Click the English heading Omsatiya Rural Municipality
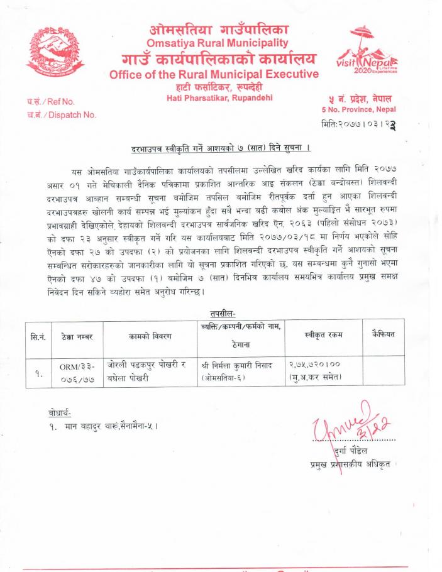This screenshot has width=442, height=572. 218,43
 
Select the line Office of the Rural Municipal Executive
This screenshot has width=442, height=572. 214,75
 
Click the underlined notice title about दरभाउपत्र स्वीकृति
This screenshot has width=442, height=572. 221,148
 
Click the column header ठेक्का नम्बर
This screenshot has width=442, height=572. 76,337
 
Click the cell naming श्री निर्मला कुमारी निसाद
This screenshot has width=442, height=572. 238,371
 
